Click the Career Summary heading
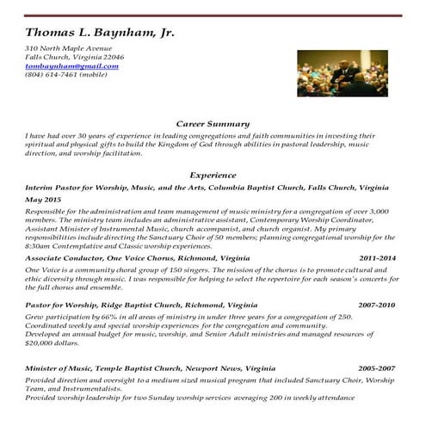(213, 123)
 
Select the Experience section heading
(213, 174)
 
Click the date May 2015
(43, 199)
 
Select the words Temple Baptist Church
(146, 368)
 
